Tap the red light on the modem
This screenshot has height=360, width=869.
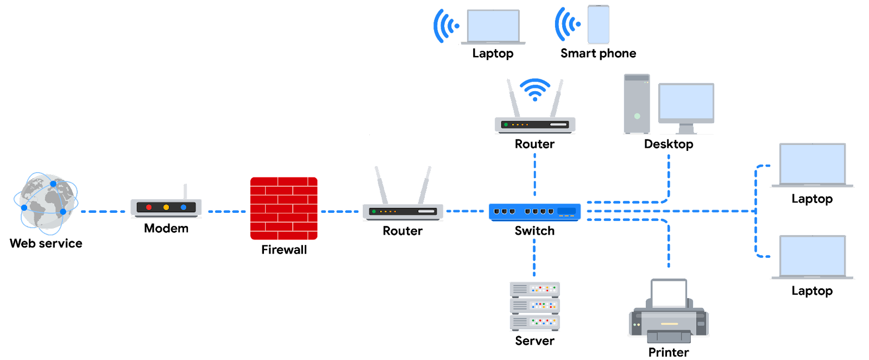149,207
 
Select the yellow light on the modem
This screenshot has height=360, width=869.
166,207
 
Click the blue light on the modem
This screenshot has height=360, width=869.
184,207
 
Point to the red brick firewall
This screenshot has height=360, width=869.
284,209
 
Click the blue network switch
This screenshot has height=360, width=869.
534,212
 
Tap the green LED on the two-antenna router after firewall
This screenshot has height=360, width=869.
374,211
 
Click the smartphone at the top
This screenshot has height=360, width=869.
598,24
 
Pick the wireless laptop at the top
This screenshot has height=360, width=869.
493,26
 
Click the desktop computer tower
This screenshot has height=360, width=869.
637,104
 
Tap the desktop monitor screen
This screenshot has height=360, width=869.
686,103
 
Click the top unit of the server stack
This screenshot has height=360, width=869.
534,289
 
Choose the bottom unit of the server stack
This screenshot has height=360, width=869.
534,323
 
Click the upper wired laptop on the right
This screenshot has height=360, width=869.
812,165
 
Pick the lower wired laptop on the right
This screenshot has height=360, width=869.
812,256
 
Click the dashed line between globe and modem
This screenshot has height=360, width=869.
103,211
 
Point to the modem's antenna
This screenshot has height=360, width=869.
185,191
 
